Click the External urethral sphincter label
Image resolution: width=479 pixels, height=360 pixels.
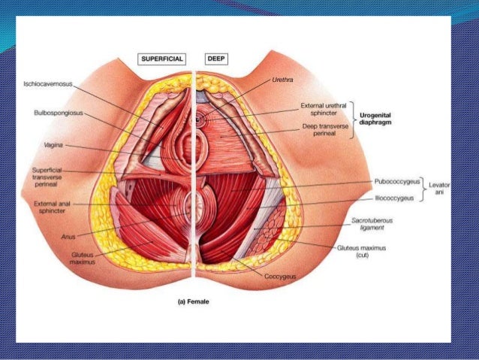(322, 110)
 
